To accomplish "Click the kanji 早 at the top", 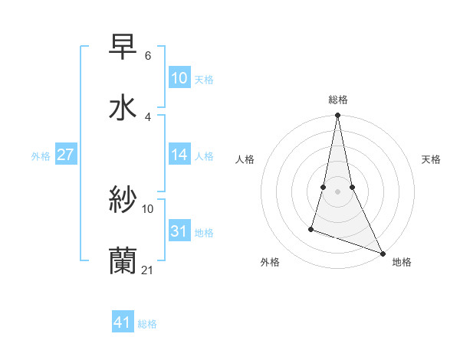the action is click(123, 47).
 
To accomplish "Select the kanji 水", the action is click(123, 107).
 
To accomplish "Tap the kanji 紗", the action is click(123, 201).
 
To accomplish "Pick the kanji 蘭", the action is click(123, 261).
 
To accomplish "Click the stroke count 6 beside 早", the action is click(147, 56).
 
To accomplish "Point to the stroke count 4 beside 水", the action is click(147, 116).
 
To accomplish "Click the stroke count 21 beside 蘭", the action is click(148, 270).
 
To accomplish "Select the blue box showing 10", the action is click(179, 78).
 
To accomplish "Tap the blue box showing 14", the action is click(179, 155).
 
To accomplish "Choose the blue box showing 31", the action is click(179, 231).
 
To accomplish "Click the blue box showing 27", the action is click(66, 155).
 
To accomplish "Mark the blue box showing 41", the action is click(123, 322).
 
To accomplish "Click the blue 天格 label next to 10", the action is click(204, 80).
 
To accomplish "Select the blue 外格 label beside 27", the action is click(41, 156).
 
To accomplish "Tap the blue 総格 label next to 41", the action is click(147, 324).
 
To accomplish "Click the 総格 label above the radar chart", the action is click(338, 100).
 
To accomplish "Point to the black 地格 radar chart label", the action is click(402, 262).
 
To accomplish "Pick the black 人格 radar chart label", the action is click(245, 159).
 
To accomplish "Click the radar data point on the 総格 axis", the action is click(337, 116).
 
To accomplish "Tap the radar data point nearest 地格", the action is click(383, 253).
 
